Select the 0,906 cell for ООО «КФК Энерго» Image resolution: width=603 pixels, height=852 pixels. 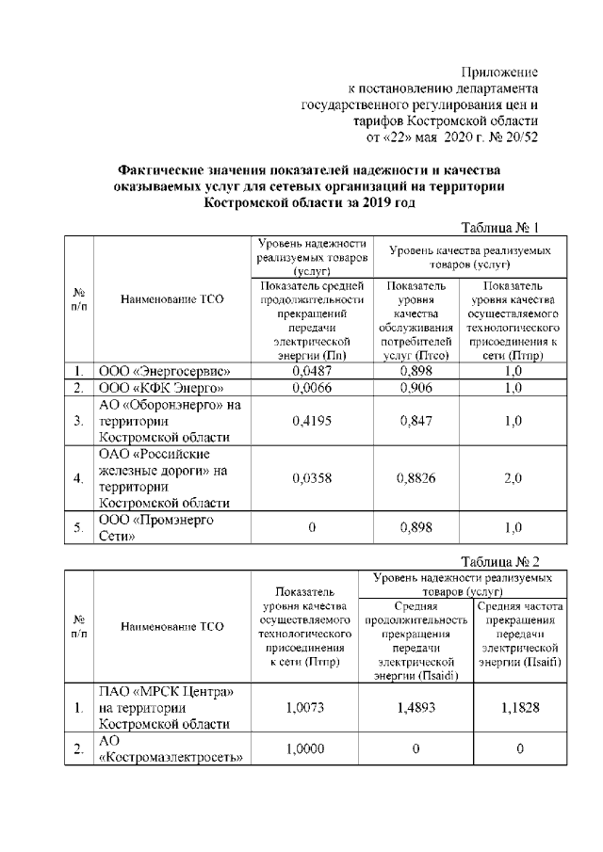(416, 388)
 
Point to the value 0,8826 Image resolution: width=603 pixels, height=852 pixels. (416, 478)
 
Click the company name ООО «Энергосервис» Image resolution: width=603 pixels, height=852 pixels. (165, 371)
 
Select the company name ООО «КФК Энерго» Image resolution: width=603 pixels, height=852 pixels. (161, 388)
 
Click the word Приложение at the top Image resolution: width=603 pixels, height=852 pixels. (499, 72)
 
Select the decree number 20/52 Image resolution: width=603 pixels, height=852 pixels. (520, 136)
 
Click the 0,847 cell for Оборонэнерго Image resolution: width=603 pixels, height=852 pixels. (416, 421)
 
